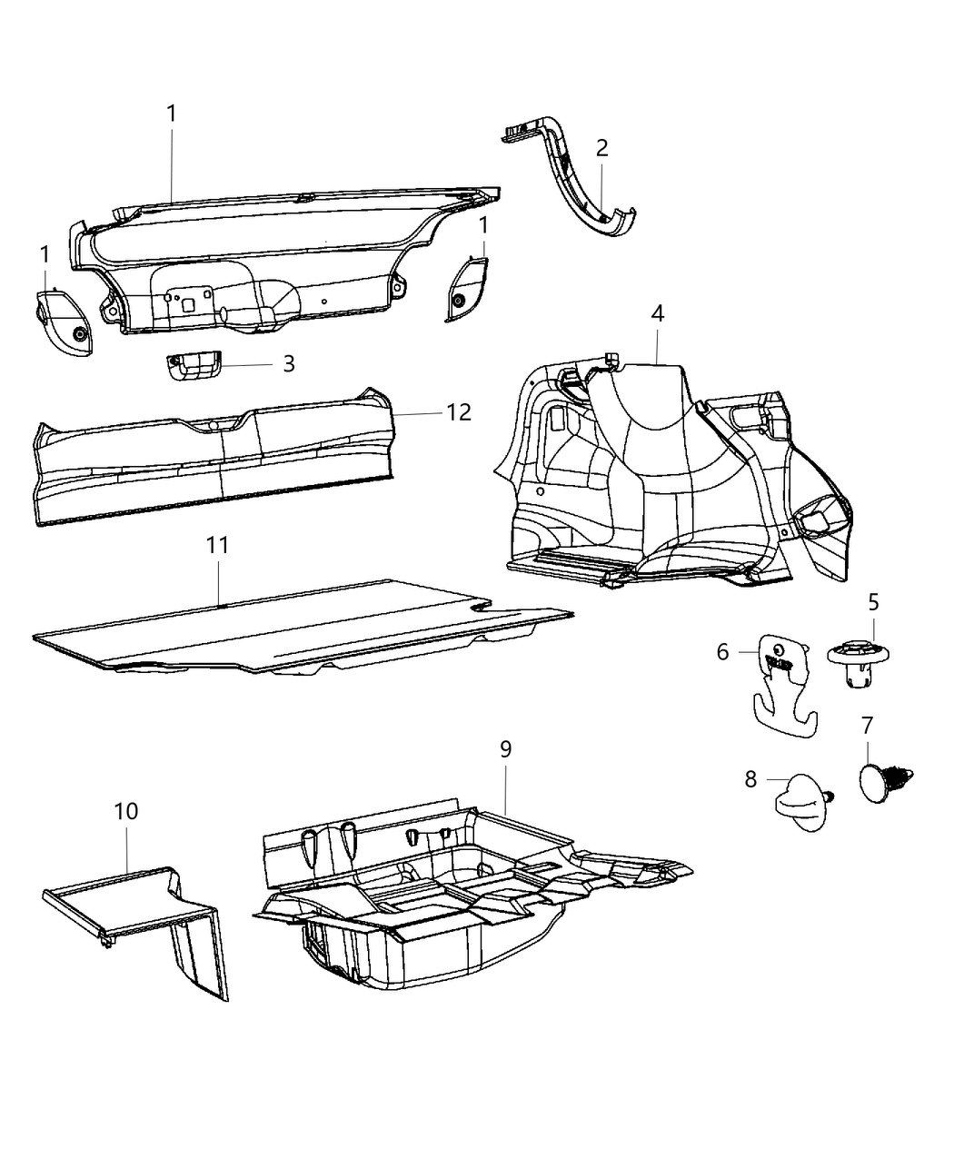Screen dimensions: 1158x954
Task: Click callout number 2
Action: tap(601, 148)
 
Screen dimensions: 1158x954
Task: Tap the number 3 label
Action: tap(289, 364)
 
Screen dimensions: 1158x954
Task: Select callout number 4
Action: tap(657, 314)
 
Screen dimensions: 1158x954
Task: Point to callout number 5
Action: tap(873, 602)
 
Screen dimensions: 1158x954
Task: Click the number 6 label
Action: tap(723, 651)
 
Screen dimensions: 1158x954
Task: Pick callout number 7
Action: tap(867, 726)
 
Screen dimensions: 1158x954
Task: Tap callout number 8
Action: tap(750, 779)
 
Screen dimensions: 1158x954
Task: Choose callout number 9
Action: tap(505, 749)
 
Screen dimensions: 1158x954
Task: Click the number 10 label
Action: tap(126, 811)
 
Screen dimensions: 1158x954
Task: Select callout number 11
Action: tap(217, 546)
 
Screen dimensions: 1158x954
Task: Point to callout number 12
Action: tap(459, 412)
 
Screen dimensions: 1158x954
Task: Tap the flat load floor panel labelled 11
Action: tap(291, 631)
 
